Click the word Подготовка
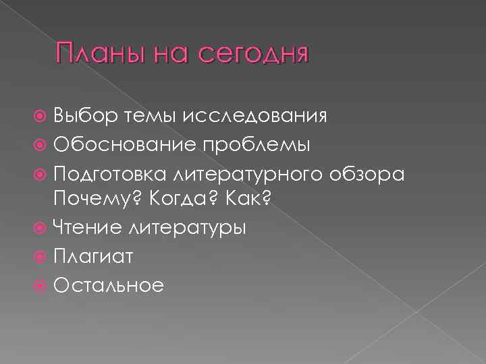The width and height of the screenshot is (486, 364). click(111, 174)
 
